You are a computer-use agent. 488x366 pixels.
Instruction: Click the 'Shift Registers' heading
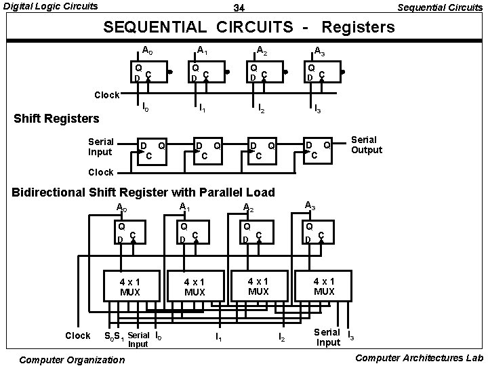tap(57, 119)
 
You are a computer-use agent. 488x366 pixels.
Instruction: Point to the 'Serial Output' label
tap(366, 144)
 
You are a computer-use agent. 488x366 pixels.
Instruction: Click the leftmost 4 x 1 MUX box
tap(130, 287)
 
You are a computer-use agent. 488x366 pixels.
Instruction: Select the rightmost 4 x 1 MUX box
tap(324, 285)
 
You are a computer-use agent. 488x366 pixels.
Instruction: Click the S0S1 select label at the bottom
tap(113, 336)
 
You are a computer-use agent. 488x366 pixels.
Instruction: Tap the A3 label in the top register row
tap(319, 51)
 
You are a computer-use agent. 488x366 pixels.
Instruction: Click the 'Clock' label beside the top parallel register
tap(107, 95)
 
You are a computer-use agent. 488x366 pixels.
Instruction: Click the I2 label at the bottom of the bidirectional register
tap(281, 336)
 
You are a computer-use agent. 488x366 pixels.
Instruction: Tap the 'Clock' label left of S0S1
tap(77, 335)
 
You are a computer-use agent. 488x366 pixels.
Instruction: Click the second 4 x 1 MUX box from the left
tap(195, 287)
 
